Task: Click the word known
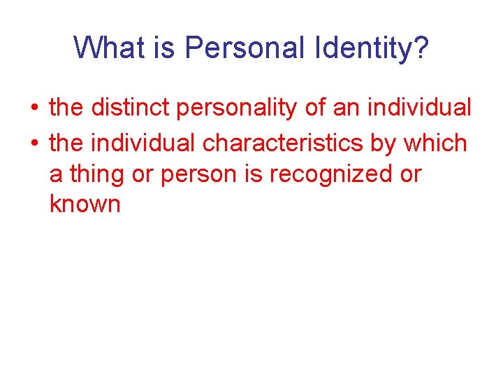(x=85, y=204)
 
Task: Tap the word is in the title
(x=167, y=48)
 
